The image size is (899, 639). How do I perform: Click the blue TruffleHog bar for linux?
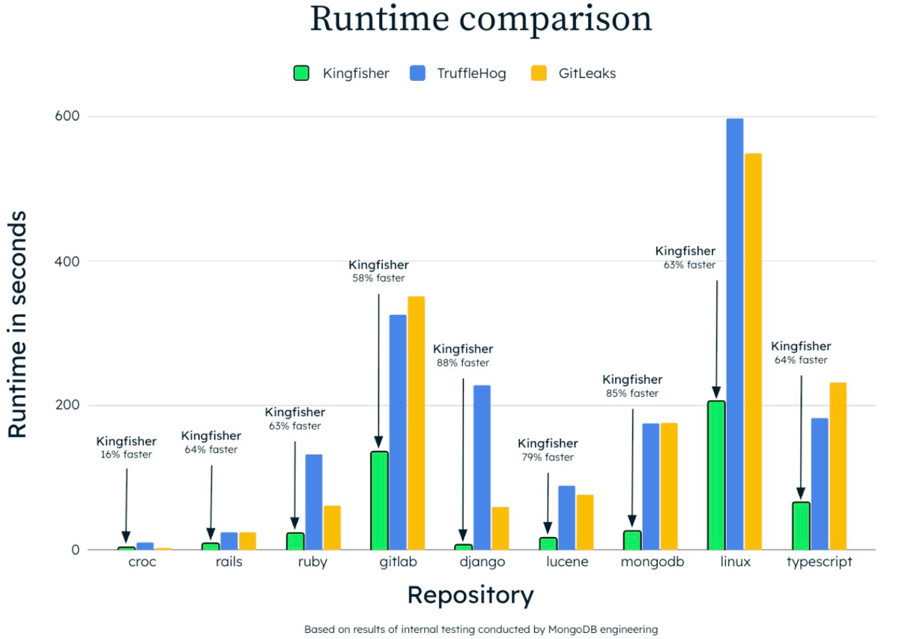click(735, 334)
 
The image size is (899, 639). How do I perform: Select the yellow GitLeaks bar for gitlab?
click(417, 423)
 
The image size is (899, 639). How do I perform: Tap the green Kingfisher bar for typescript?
click(801, 526)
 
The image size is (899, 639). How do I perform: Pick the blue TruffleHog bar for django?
click(482, 467)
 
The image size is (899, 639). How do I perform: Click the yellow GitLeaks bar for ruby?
click(333, 528)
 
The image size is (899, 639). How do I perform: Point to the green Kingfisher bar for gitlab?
click(379, 500)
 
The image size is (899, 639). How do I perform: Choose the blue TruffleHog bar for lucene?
click(566, 517)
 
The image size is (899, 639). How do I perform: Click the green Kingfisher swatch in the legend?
click(301, 73)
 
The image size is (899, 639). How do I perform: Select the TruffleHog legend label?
click(471, 73)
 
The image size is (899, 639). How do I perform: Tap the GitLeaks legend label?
click(587, 73)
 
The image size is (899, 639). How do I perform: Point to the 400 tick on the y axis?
click(67, 261)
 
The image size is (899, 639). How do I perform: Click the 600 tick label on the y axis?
click(67, 116)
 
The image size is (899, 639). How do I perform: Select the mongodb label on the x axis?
click(653, 562)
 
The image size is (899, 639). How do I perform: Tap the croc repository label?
click(142, 562)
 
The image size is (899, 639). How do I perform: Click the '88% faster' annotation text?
click(463, 363)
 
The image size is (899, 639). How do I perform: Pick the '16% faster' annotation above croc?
click(126, 454)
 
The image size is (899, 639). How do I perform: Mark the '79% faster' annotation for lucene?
click(548, 457)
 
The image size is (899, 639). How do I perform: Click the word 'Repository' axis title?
click(470, 595)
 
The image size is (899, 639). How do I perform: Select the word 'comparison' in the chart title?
click(555, 20)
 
